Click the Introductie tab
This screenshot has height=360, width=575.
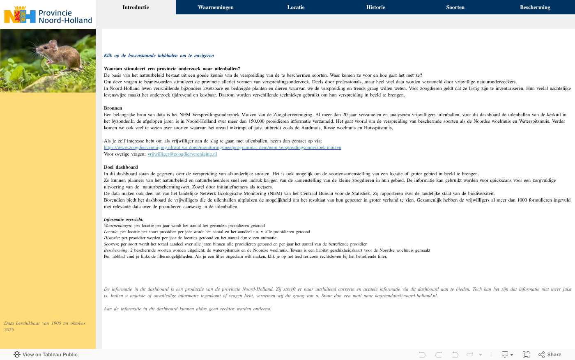coord(136,7)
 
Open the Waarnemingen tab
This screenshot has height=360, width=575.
coord(216,7)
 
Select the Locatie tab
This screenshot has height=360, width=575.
coord(296,7)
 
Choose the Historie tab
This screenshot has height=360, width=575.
coord(375,7)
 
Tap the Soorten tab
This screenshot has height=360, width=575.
coord(455,7)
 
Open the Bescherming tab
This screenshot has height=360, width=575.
coord(535,7)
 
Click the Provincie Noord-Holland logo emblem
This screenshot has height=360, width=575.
coord(20,15)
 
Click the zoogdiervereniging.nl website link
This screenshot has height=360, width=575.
coord(222,147)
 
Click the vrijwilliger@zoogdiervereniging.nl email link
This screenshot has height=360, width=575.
coord(182,154)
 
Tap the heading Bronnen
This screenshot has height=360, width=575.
coord(113,108)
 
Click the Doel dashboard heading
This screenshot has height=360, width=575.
coord(121,167)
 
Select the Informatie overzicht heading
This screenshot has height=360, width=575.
coord(124,219)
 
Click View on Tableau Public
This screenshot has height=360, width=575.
coord(46,355)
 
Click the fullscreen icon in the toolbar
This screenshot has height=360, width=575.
coord(526,355)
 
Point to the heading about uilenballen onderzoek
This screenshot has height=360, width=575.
coord(172,69)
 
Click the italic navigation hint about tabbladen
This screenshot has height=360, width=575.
coord(159,55)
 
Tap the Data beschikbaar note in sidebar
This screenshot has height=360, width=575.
coord(45,326)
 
